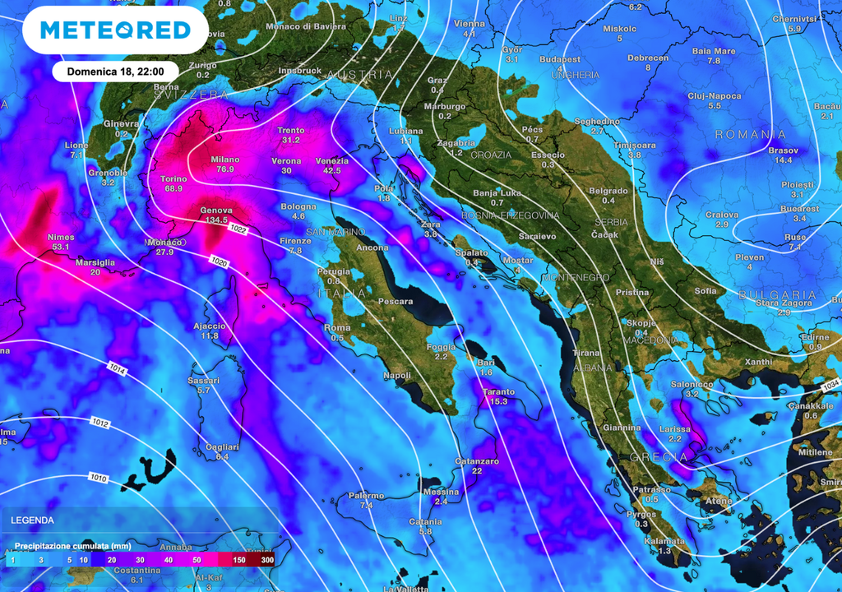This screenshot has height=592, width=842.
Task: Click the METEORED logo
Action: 115,30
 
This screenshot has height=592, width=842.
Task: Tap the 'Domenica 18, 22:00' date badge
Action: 116,72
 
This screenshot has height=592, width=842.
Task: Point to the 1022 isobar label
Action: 239,228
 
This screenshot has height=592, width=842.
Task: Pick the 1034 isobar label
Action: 830,385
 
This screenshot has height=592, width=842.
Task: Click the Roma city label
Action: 337,328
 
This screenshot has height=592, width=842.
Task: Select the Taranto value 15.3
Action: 498,401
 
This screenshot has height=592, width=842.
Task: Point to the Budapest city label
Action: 560,59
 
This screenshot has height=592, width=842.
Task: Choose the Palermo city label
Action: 366,496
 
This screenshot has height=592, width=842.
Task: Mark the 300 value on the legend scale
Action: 267,560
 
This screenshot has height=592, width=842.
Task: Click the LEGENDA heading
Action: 33,520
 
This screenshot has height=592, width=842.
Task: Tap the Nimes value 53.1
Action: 62,247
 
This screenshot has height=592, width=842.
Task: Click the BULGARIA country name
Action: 777,294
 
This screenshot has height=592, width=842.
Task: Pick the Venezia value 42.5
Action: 331,171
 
